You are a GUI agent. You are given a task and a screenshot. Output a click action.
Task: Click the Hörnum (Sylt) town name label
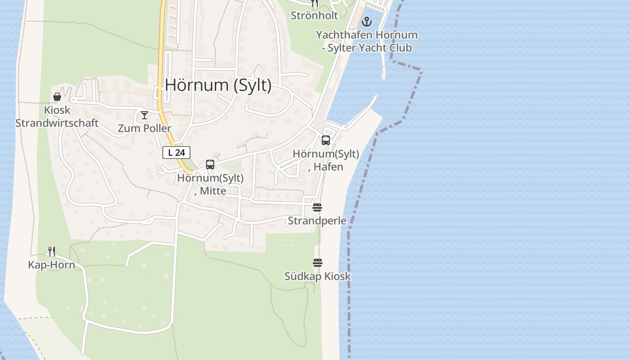[x=218, y=85]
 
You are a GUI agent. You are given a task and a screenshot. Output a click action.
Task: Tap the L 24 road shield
[x=176, y=153]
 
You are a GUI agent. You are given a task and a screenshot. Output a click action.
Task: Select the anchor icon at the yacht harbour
[x=367, y=21]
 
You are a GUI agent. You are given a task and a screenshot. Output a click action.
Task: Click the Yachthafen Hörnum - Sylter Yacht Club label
[x=366, y=41]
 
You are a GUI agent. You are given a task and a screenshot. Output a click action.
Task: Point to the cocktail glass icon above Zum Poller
[x=144, y=115]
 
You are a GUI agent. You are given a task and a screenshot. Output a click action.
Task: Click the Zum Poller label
[x=144, y=128]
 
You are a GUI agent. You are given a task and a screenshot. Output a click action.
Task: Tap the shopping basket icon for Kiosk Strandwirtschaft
[x=57, y=97]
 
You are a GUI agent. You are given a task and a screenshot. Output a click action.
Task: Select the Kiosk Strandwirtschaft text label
[x=57, y=116]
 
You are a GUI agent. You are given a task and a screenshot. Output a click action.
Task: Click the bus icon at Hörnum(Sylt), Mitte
[x=210, y=165]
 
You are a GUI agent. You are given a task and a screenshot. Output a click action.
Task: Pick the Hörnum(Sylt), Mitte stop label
[x=210, y=184]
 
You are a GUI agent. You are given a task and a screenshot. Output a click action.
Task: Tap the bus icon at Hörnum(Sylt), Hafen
[x=326, y=140]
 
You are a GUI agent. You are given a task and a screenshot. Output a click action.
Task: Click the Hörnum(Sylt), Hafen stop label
[x=326, y=160]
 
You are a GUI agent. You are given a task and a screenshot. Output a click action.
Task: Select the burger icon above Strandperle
[x=317, y=207]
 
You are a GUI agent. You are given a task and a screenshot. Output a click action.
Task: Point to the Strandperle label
[x=317, y=220]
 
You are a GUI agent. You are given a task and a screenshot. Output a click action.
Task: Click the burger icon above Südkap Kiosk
[x=318, y=263]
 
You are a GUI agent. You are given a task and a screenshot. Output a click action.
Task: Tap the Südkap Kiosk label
[x=317, y=276]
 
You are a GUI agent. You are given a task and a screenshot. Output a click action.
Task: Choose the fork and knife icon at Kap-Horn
[x=52, y=251]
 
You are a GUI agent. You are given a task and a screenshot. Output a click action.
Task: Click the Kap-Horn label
[x=51, y=265]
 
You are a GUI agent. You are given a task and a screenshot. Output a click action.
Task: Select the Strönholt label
[x=314, y=15]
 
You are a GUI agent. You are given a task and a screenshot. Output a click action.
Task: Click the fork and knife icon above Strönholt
[x=315, y=4]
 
